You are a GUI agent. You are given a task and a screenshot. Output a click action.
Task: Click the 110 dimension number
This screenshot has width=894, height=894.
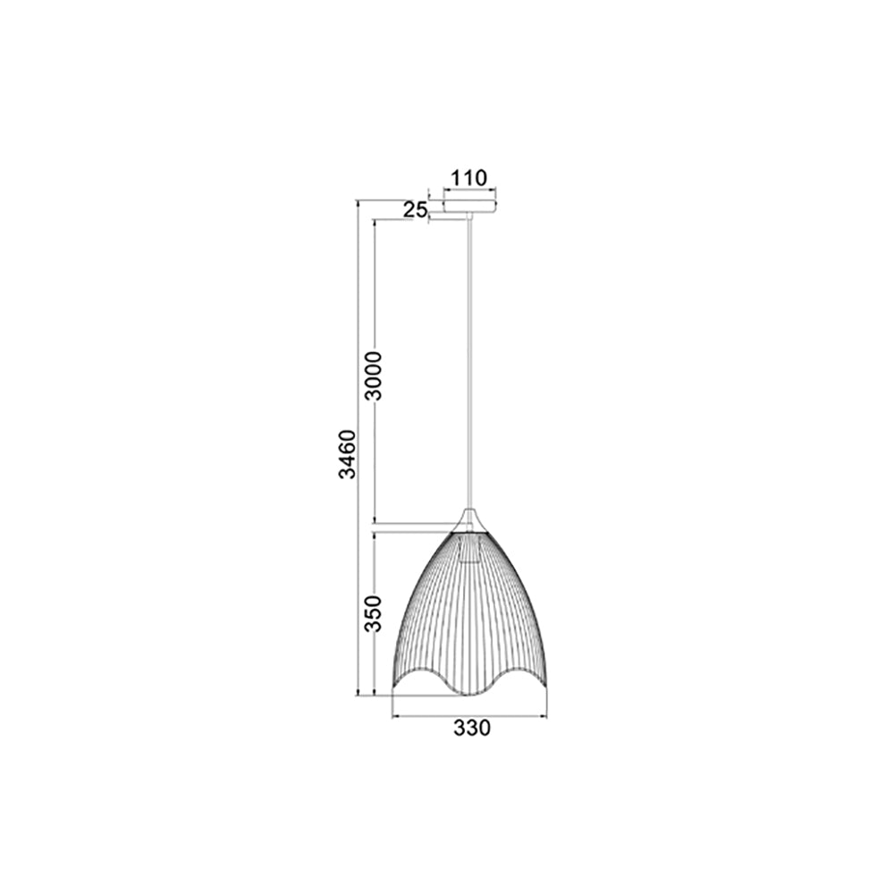click(469, 178)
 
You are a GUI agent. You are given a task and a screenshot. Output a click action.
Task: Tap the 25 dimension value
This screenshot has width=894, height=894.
click(414, 210)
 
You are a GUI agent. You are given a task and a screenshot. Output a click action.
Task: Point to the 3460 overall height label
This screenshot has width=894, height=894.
click(347, 454)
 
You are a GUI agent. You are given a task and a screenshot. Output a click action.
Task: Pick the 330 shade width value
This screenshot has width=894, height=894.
click(471, 729)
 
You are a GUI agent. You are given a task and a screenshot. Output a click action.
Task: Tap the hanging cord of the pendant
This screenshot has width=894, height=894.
click(470, 358)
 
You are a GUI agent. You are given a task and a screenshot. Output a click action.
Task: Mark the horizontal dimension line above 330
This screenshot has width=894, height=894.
click(470, 716)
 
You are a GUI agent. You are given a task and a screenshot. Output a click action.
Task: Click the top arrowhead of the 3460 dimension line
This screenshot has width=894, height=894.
click(358, 204)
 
